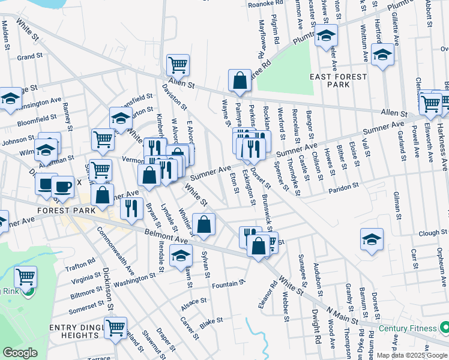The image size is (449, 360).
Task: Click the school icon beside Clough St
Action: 372,239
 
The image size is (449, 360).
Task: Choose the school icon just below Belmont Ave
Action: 181,255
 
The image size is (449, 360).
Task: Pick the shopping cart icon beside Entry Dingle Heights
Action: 115,328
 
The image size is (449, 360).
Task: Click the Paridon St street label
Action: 343,190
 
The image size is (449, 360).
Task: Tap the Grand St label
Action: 29,56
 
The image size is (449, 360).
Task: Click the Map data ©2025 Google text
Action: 412,355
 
